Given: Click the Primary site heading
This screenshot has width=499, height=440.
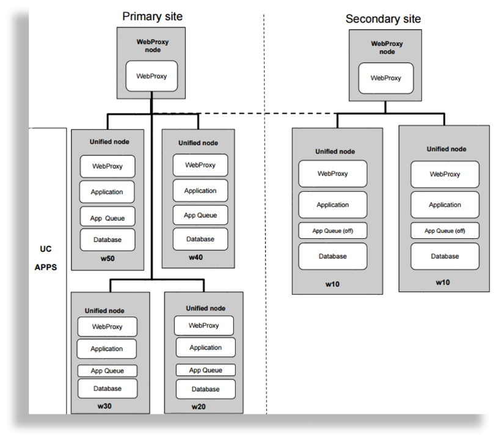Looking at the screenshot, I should pyautogui.click(x=152, y=16).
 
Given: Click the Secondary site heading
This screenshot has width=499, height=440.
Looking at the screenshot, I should pyautogui.click(x=383, y=19).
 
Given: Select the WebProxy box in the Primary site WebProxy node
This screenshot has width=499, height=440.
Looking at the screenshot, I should pyautogui.click(x=152, y=76).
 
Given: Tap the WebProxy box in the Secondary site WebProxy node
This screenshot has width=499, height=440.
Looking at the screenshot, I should pyautogui.click(x=385, y=78).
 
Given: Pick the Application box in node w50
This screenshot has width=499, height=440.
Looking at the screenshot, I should pyautogui.click(x=107, y=192).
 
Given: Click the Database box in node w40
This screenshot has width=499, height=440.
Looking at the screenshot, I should pyautogui.click(x=200, y=239).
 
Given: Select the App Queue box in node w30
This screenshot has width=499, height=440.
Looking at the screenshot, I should pyautogui.click(x=107, y=371).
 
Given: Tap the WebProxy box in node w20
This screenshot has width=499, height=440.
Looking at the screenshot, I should pyautogui.click(x=204, y=326).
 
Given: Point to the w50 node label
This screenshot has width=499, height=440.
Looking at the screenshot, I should pyautogui.click(x=107, y=259).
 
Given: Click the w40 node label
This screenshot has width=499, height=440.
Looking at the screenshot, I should pyautogui.click(x=195, y=257).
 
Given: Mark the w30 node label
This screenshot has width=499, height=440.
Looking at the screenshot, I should pyautogui.click(x=104, y=406).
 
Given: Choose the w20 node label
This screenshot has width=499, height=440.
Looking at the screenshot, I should pyautogui.click(x=199, y=407).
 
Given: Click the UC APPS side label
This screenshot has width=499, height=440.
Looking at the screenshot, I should pyautogui.click(x=46, y=258).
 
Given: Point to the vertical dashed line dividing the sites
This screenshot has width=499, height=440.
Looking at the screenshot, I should pyautogui.click(x=264, y=244).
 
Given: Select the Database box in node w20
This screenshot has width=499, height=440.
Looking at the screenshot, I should pyautogui.click(x=205, y=389).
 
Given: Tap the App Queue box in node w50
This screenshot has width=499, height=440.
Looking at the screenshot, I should pyautogui.click(x=107, y=217).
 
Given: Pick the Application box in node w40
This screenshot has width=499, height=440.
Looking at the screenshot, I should pyautogui.click(x=200, y=191).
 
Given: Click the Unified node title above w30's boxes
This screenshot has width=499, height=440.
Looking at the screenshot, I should pyautogui.click(x=104, y=311).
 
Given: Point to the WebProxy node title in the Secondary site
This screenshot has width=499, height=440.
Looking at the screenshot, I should pyautogui.click(x=387, y=48).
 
